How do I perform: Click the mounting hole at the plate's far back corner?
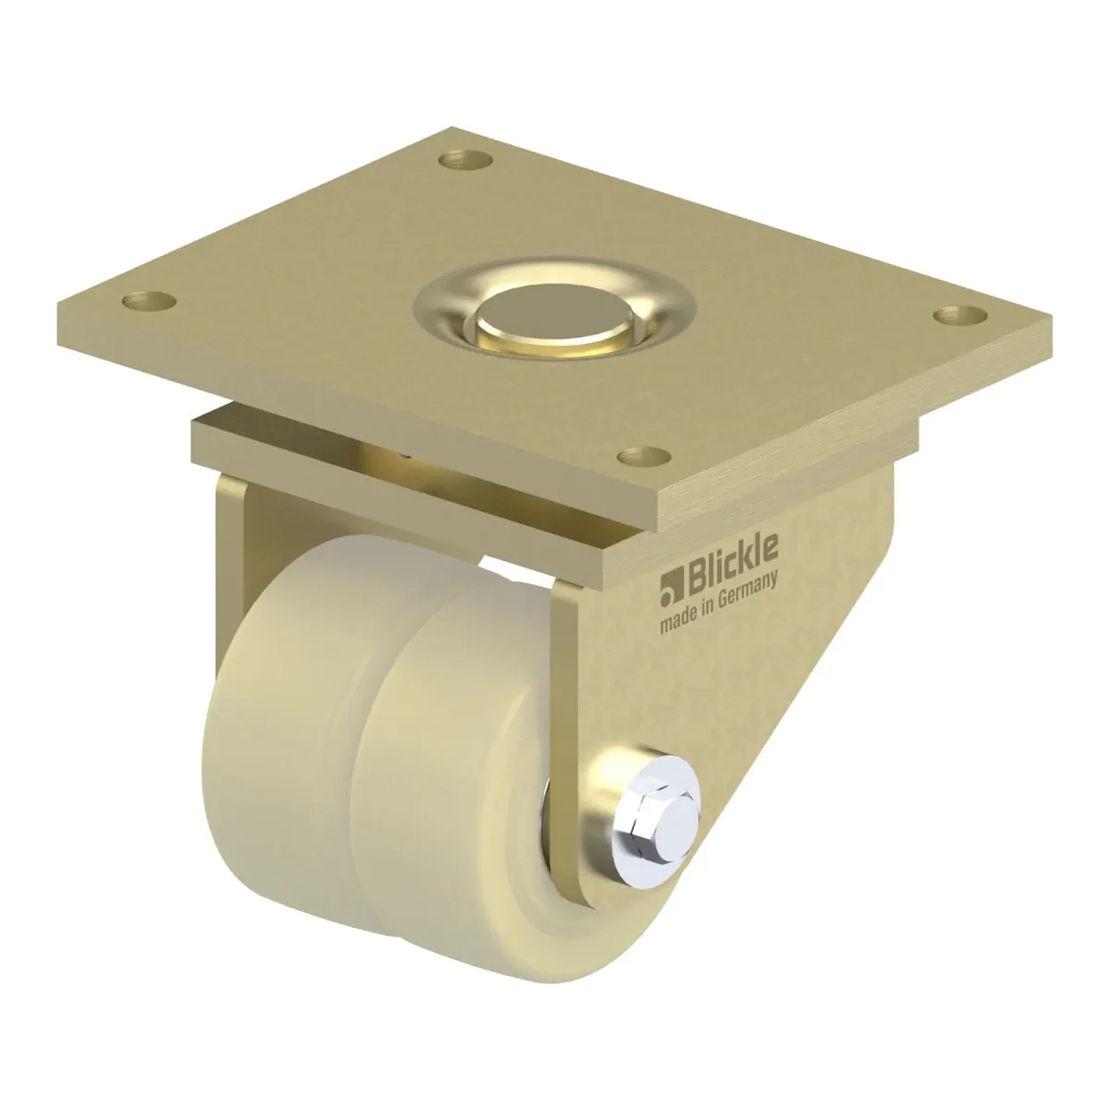pyautogui.click(x=466, y=159)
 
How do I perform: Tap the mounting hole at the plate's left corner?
pyautogui.click(x=149, y=300)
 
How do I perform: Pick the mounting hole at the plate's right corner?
pyautogui.click(x=960, y=316)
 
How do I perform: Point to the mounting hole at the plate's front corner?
pyautogui.click(x=644, y=457)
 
